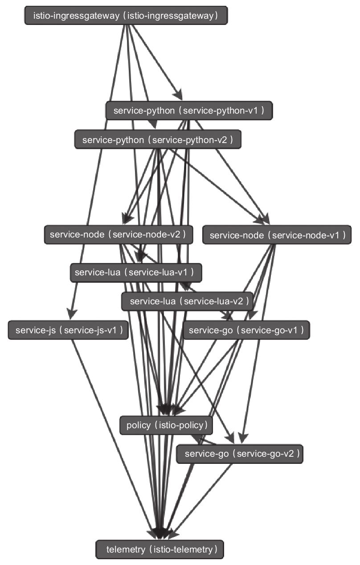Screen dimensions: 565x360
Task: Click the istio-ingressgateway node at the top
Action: (x=126, y=16)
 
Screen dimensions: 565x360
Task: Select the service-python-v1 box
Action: (x=189, y=110)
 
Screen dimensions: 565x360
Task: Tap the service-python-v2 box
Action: (x=158, y=139)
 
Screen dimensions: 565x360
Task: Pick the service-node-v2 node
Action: (x=118, y=234)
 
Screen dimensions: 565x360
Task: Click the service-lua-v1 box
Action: (x=136, y=273)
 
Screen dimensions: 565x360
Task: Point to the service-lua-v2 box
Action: (x=187, y=302)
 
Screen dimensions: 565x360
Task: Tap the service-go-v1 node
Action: (x=246, y=330)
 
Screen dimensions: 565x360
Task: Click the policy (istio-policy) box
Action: (x=166, y=425)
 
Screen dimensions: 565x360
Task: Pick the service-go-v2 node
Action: (x=240, y=454)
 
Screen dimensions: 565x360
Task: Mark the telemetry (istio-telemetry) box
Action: (x=160, y=549)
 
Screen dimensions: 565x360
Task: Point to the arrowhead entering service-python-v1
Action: (x=179, y=96)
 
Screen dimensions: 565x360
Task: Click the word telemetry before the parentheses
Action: (x=126, y=549)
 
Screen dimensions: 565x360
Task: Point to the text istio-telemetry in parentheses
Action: (x=182, y=549)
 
